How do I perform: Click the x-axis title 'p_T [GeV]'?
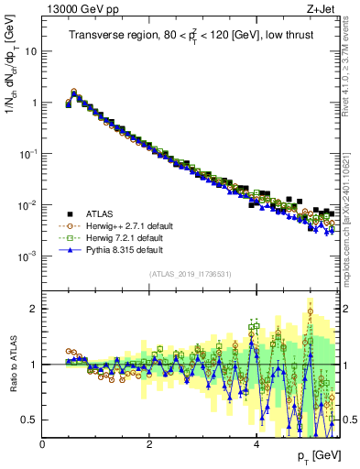(x=314, y=456)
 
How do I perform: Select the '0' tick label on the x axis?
(x=43, y=443)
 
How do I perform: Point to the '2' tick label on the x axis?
(x=150, y=443)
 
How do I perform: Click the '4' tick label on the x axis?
(x=256, y=443)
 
